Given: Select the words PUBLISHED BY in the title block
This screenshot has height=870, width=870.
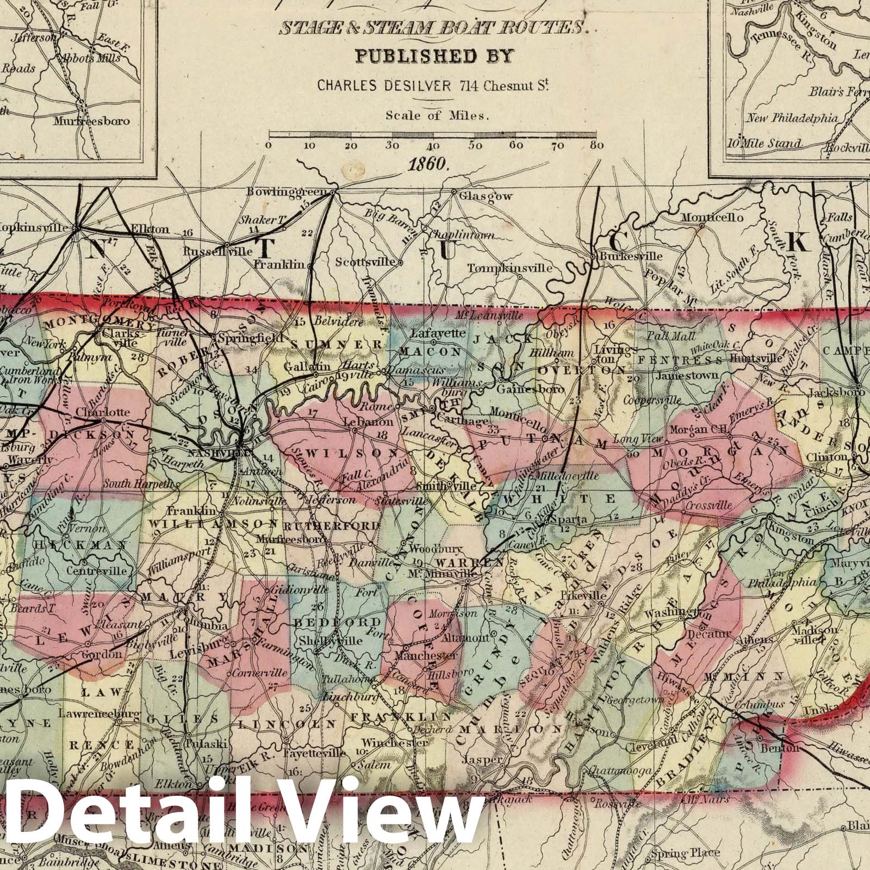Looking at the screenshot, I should [433, 57].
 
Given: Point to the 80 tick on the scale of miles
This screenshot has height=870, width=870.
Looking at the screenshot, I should [596, 145].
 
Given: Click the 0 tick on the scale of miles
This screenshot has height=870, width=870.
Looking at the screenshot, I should [268, 145].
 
